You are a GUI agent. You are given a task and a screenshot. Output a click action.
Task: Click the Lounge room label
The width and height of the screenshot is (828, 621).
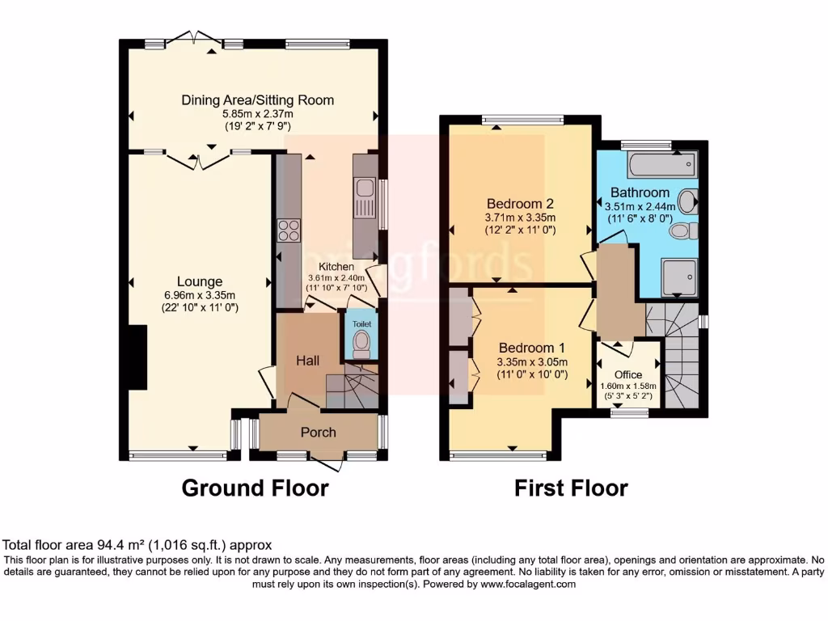[200, 281]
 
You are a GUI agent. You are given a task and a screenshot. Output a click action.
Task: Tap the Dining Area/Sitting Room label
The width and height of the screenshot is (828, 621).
[257, 100]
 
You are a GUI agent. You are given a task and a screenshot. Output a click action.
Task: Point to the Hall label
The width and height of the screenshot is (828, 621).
[306, 360]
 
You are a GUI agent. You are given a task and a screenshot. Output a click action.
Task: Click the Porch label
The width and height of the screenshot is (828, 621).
[318, 433]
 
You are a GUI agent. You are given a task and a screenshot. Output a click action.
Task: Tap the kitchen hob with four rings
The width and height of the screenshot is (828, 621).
[289, 231]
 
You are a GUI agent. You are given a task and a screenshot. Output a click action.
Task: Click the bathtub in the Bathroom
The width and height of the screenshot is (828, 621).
[660, 166]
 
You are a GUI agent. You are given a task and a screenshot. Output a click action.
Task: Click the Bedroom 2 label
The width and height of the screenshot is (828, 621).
[520, 203]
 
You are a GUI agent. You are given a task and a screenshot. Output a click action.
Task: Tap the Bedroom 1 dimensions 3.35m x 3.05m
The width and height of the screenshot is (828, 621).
[532, 361]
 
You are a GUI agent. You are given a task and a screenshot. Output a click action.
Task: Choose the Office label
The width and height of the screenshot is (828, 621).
[628, 374]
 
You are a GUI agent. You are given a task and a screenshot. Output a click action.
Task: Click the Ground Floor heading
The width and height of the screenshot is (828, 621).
[255, 488]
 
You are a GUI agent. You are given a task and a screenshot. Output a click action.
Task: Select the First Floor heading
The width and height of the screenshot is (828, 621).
[571, 488]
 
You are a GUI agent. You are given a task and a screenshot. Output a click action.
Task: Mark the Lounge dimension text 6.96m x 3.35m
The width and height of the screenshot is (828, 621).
[200, 295]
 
